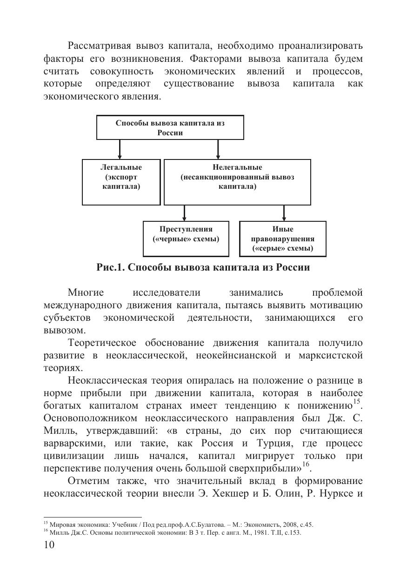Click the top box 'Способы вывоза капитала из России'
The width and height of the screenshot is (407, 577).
170,127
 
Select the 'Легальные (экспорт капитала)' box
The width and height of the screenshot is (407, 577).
121,182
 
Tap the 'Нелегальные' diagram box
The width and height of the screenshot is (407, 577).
237,182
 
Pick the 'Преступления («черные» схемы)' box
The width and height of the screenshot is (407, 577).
186,239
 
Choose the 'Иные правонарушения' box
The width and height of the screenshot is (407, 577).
282,239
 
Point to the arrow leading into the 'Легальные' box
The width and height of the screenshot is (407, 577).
120,149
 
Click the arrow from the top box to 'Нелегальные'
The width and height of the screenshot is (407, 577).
218,149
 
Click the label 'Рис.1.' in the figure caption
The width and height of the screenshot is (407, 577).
110,268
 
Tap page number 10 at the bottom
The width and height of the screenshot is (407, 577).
49,545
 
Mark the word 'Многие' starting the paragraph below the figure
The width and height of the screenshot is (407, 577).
86,293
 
